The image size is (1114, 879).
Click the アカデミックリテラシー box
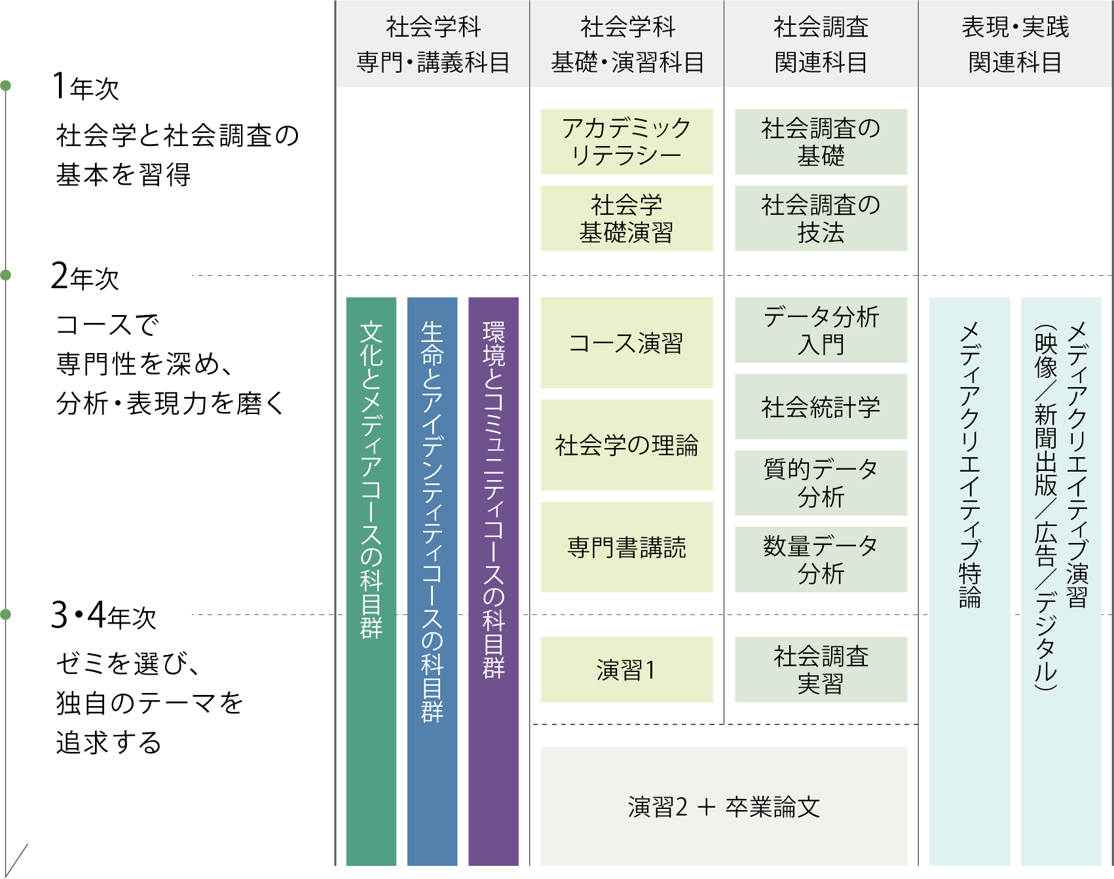626,141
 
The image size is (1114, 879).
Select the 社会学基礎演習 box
626,218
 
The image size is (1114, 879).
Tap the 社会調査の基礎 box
821,141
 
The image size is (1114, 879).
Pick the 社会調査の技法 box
821,218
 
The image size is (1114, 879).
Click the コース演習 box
626,343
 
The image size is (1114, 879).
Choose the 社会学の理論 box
626,445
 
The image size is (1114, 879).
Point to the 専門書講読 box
626,547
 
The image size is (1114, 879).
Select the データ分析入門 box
821,330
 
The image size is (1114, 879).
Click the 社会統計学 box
821,407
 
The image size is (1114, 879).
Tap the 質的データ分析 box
821,483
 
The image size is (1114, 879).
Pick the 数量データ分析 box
821,559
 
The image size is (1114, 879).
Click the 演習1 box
626,669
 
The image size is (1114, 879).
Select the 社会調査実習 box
821,669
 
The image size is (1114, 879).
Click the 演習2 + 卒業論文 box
724,806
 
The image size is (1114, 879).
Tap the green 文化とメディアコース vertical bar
371,581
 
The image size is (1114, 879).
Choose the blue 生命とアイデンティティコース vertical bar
432,581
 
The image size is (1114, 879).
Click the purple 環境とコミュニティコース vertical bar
493,581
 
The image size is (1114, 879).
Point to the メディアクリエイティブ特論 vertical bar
969,581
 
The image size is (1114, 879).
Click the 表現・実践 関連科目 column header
1015,45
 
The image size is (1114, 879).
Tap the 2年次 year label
85,277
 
